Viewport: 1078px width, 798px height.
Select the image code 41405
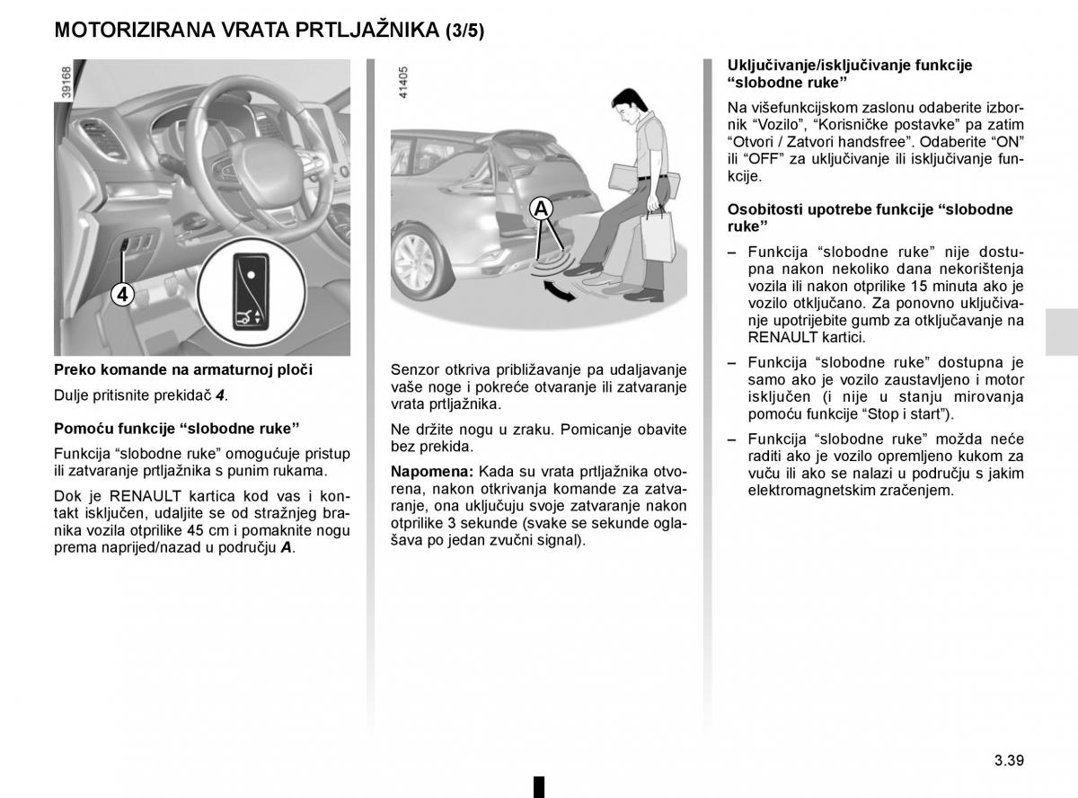click(402, 82)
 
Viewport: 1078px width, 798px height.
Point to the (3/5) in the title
click(464, 31)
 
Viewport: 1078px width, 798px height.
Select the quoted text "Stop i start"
click(908, 414)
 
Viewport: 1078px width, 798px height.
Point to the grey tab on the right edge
click(1062, 333)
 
